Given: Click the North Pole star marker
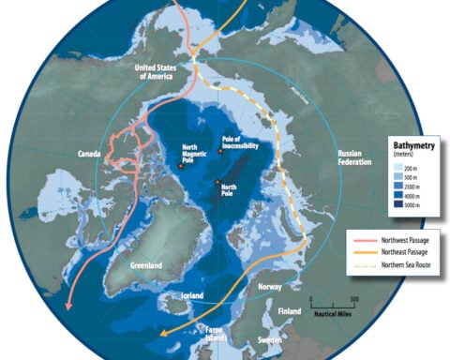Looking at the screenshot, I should (217, 182).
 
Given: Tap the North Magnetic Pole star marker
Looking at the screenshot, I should (181, 166).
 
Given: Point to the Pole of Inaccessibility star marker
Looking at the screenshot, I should (219, 152).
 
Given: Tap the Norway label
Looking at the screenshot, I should (270, 287).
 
